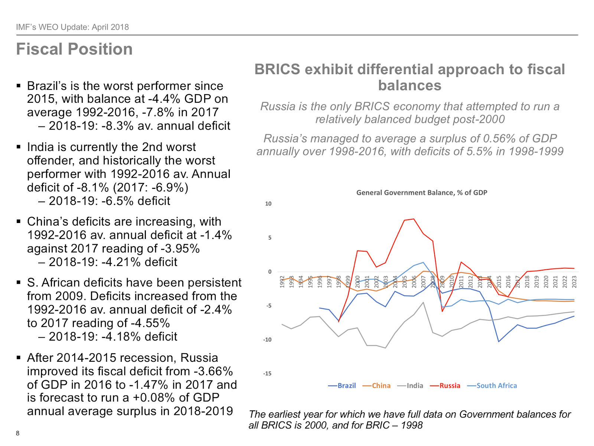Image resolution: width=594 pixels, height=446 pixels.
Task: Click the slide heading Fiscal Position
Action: [x=74, y=49]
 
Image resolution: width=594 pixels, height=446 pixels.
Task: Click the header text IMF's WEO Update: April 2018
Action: [x=72, y=27]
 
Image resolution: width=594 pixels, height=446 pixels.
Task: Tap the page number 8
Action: [x=17, y=433]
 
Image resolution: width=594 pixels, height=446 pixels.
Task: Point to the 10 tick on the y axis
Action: [x=268, y=204]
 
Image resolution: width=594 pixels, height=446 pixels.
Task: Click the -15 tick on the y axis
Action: [x=267, y=374]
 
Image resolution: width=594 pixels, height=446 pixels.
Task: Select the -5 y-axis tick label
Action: [x=268, y=306]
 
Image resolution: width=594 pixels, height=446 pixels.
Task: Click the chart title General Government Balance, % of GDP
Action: [x=422, y=193]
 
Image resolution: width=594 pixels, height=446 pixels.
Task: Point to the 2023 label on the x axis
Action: [x=574, y=282]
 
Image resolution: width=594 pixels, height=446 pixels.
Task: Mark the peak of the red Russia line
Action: [x=414, y=219]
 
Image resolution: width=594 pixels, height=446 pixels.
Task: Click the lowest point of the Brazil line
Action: [x=499, y=341]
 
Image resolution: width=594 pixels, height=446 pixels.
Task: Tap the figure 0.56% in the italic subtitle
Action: [x=499, y=138]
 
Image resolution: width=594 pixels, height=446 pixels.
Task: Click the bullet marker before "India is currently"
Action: [x=19, y=147]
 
